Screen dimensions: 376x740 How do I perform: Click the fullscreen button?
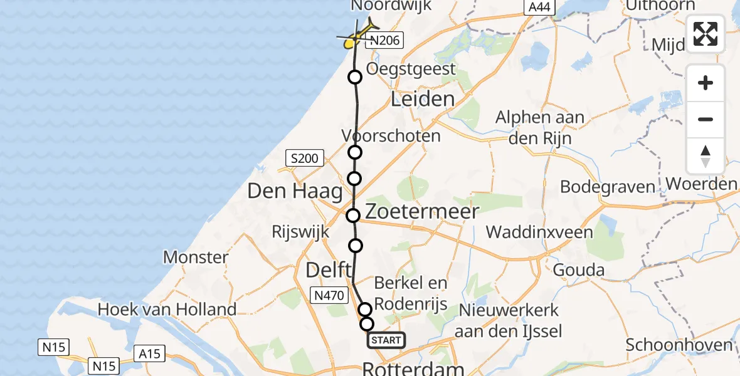[706, 34]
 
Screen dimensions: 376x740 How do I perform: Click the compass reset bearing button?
[706, 156]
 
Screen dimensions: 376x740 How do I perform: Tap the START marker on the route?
[386, 340]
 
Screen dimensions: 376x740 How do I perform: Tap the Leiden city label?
[423, 99]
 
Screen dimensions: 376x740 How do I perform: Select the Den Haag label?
[294, 191]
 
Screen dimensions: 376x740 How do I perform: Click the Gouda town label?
[578, 271]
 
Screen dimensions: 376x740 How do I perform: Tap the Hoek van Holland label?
[167, 309]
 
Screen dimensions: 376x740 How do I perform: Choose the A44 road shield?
[540, 8]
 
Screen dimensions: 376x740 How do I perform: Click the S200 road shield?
[305, 159]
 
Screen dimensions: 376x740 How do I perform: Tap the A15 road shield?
[149, 354]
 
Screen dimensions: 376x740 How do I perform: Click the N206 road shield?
[383, 41]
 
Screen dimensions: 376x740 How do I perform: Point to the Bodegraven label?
[607, 187]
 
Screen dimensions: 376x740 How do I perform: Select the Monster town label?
[196, 257]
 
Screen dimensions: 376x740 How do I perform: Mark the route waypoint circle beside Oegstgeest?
[355, 77]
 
